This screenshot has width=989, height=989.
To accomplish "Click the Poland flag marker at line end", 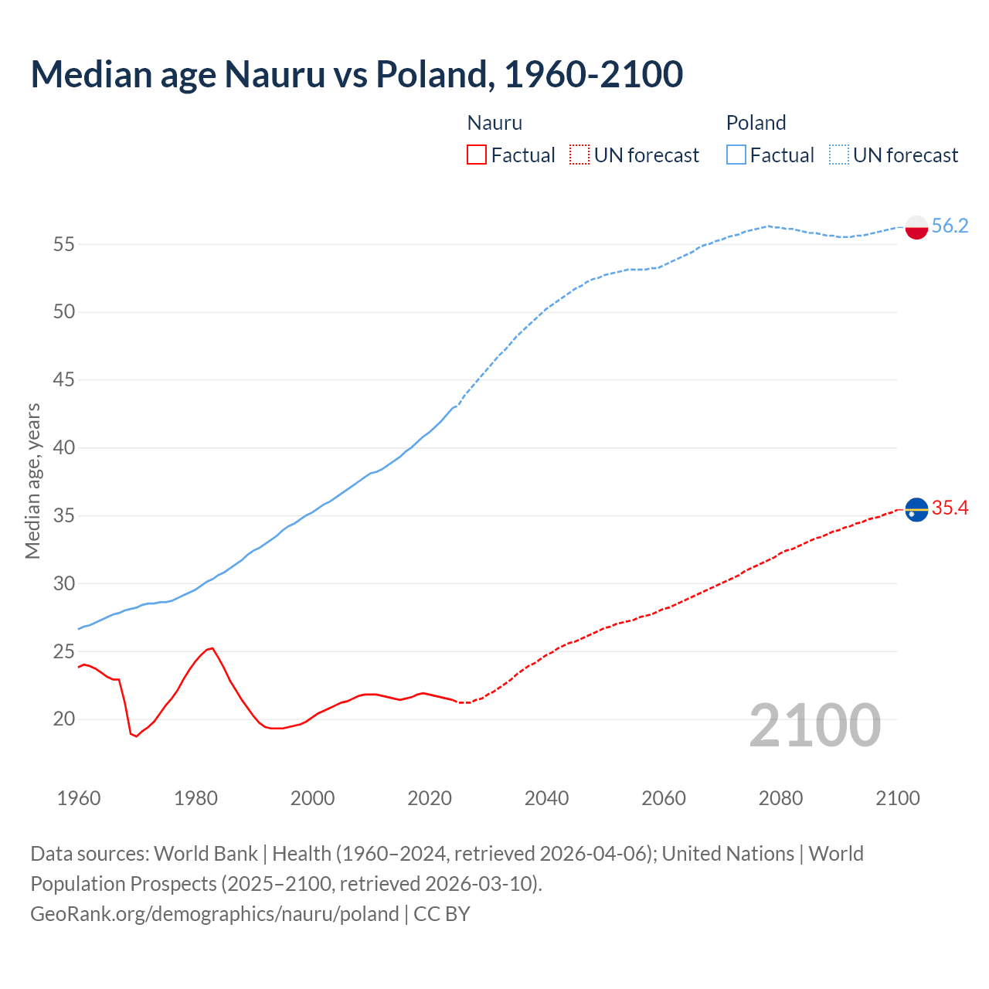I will click(x=916, y=227).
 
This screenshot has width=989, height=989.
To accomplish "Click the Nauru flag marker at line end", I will click(x=916, y=510).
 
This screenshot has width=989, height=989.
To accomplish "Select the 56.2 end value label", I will click(x=950, y=226).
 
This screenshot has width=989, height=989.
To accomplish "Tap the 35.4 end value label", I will click(x=950, y=508).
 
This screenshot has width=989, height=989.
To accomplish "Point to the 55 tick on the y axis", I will click(x=64, y=244).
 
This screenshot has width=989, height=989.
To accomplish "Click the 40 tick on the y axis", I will click(x=64, y=447).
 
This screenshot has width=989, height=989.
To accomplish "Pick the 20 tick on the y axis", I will click(x=64, y=719).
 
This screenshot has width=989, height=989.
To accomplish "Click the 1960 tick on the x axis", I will click(x=79, y=798).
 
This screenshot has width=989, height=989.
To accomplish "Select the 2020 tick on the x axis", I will click(x=430, y=798).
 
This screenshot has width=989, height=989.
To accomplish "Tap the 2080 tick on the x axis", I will click(x=780, y=798).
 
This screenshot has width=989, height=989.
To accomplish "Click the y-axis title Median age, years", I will click(x=32, y=481).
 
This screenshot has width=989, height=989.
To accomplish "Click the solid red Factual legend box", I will click(x=477, y=155).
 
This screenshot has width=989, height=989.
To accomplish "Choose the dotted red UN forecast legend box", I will click(x=579, y=155).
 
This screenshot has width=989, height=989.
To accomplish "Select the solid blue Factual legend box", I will click(x=736, y=155).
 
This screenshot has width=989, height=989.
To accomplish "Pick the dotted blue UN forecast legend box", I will click(x=838, y=155).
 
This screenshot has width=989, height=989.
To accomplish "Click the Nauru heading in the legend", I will click(x=494, y=123).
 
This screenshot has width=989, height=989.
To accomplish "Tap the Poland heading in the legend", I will click(x=756, y=123).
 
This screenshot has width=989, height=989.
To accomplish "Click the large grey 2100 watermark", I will click(x=814, y=725).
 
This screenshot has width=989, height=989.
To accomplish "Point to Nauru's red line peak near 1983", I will click(x=212, y=648).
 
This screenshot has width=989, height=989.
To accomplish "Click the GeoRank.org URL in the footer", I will click(x=215, y=913).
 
